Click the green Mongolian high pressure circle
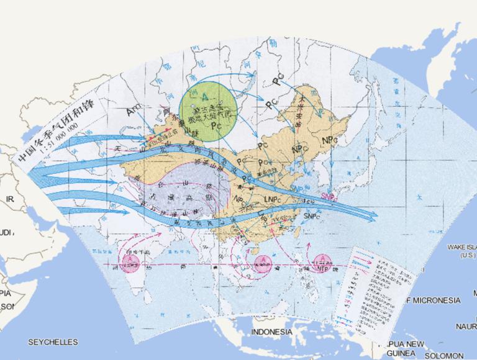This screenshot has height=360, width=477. (x=208, y=111)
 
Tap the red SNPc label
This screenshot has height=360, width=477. (x=330, y=196)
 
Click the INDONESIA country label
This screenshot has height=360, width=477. (x=271, y=332)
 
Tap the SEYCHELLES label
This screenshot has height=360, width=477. (x=53, y=342)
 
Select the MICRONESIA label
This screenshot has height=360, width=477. (x=435, y=300)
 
